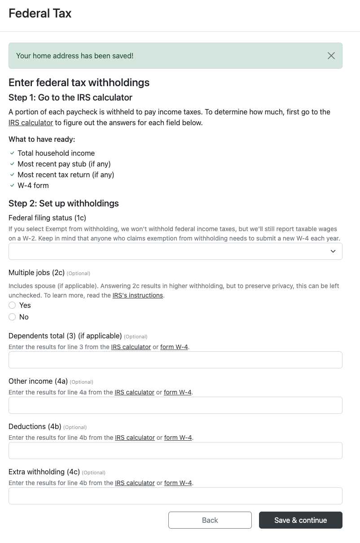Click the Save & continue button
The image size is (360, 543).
point(300,520)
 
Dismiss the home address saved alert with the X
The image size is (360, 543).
point(331,56)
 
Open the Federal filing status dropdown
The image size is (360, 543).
point(175,251)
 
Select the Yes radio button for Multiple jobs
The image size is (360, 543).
point(13,305)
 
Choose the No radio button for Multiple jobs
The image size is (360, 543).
point(13,317)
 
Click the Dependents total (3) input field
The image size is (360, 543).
point(175,360)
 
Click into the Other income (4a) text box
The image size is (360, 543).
point(175,405)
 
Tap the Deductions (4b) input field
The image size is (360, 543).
point(175,451)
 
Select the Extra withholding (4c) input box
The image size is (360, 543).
point(175,496)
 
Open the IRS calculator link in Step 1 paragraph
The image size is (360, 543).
point(31,123)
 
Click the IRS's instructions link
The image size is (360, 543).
point(137,295)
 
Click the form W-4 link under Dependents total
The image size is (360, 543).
point(174,347)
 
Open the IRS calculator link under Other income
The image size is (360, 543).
point(134,392)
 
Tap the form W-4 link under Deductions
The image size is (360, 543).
point(178,438)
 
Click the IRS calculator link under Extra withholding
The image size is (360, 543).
point(135,483)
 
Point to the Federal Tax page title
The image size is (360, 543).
point(40,13)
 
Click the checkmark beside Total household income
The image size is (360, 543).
point(12,153)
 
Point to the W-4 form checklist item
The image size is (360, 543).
point(33,185)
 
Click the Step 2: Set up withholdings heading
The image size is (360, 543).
point(64,203)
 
